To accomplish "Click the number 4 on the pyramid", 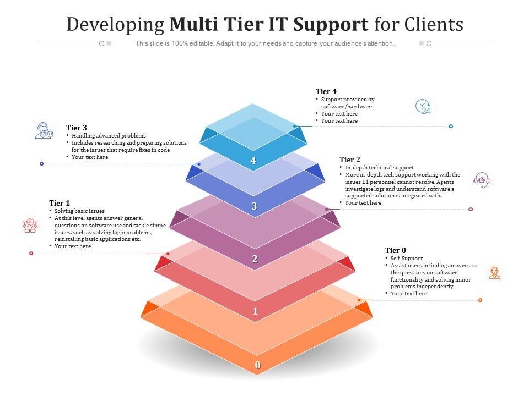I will point(253,161).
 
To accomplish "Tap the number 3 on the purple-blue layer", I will point(254,206).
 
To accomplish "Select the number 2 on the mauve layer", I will point(255,259).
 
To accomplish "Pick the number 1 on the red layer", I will point(255,311).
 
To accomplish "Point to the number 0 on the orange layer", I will point(257,365).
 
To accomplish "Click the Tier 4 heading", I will point(326,91).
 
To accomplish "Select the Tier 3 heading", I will point(77,128).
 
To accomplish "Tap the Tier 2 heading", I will point(350,159).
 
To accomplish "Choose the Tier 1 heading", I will point(60,203).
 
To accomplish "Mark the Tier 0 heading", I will point(396,250).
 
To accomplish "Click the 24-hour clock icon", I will point(423,106).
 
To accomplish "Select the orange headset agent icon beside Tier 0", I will point(494,272).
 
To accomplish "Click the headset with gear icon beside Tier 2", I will point(482,179).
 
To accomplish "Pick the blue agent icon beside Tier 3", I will point(44,130).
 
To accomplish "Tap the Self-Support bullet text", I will point(407,258).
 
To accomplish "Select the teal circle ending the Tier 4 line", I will point(451,127).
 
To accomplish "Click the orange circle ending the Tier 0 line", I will point(481,300).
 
